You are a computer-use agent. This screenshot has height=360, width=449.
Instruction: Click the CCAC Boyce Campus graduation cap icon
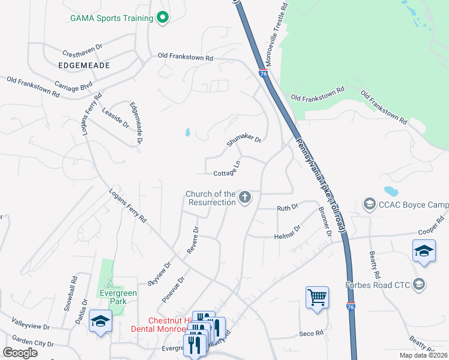(370, 205)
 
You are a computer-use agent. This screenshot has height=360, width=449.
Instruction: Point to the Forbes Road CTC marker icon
(419, 284)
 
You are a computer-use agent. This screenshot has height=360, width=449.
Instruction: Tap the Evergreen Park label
(119, 298)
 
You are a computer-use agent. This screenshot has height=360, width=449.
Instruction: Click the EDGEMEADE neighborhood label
(84, 65)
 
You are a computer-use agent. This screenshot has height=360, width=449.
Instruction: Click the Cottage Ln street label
(228, 169)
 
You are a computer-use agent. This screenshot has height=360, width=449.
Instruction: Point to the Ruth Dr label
(287, 208)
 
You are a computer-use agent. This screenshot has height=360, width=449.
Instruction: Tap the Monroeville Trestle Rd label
(277, 34)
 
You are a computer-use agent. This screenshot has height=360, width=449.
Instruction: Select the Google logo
(20, 353)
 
